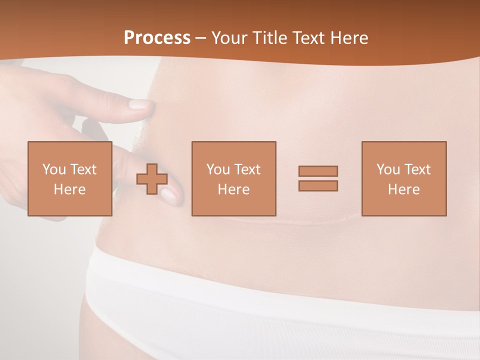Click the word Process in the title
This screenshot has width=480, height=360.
coord(157,38)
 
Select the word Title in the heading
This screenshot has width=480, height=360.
coord(271,38)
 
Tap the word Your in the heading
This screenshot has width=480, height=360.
coord(230,38)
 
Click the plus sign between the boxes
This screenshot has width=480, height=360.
coord(152,179)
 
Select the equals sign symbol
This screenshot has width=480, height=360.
coord(318,178)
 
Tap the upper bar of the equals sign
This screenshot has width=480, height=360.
coord(318,171)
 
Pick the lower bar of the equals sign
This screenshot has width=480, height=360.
coord(318,186)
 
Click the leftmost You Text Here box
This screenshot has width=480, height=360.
coord(69,178)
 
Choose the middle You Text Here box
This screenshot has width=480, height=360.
coord(233,178)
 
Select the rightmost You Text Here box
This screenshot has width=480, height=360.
coord(404,178)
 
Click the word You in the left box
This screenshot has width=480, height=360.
coord(54,169)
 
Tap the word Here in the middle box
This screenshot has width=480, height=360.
coord(233,189)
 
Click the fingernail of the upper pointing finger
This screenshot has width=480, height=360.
coord(139,104)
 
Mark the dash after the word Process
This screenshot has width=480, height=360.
coord(201,38)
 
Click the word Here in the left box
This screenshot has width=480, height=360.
coord(69,189)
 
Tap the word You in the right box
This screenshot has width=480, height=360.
coord(388,169)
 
